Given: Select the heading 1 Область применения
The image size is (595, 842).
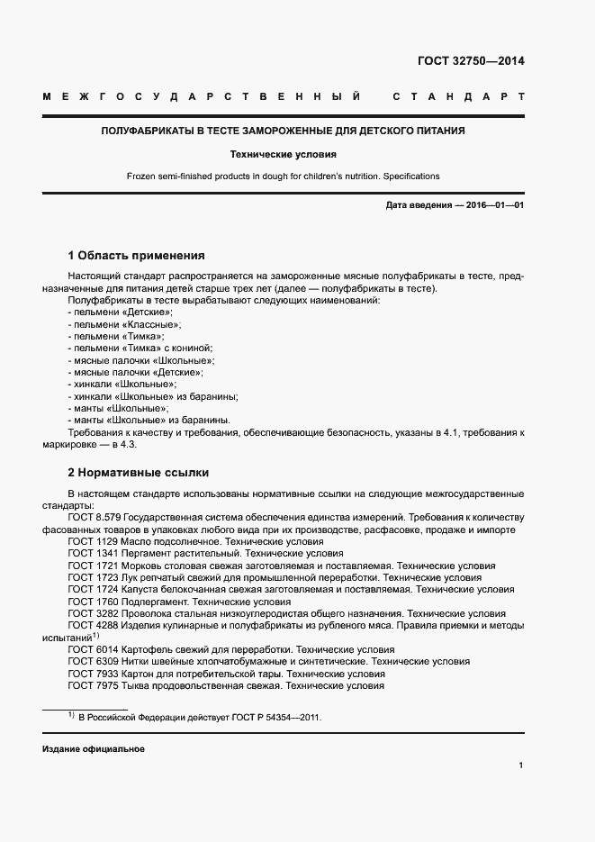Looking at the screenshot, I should (x=136, y=256).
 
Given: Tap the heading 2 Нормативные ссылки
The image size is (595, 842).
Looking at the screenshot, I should (x=138, y=472).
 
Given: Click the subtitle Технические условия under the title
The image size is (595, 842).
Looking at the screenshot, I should (x=283, y=154).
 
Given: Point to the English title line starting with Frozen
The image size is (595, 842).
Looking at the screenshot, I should (x=283, y=176).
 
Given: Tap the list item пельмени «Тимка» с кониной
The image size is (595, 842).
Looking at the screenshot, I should (x=140, y=348).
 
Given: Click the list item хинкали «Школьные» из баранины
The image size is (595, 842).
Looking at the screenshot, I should (x=152, y=396).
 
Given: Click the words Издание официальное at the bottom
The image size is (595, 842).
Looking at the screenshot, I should (x=93, y=749).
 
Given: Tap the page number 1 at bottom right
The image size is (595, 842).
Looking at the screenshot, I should (x=521, y=765).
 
